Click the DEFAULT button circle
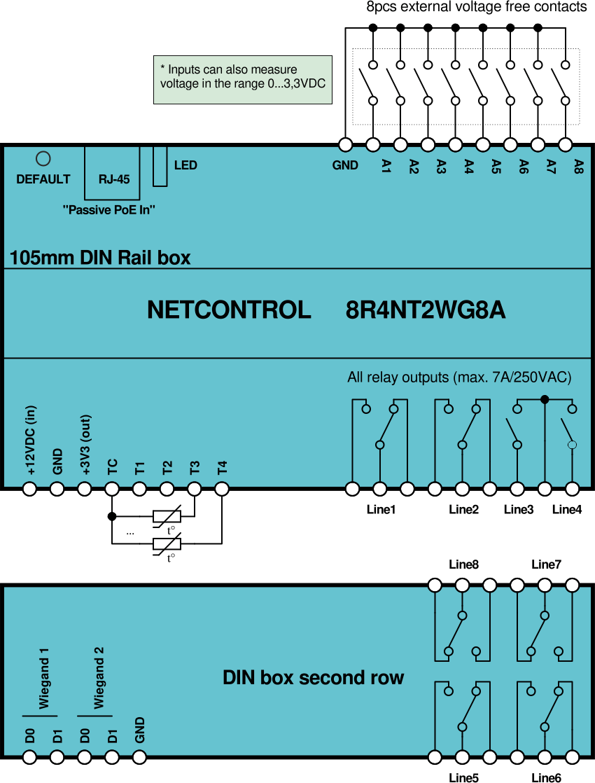pos(43,158)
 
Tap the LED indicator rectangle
pos(160,166)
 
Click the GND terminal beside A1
pos(345,145)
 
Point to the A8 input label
pos(578,166)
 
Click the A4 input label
pos(469,166)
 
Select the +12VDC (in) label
pos(31,441)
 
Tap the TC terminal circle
pos(112,489)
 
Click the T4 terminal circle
pos(222,489)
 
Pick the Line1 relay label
pos(381,510)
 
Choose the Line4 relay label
pos(567,510)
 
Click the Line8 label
pos(463,564)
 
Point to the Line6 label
pos(546,777)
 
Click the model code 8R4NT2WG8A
pos(426,310)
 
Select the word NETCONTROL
pos(229,310)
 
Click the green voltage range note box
pos(242,80)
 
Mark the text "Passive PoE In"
pos(108,209)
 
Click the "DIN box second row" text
pos(313,678)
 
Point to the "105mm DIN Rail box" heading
pos(100,258)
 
